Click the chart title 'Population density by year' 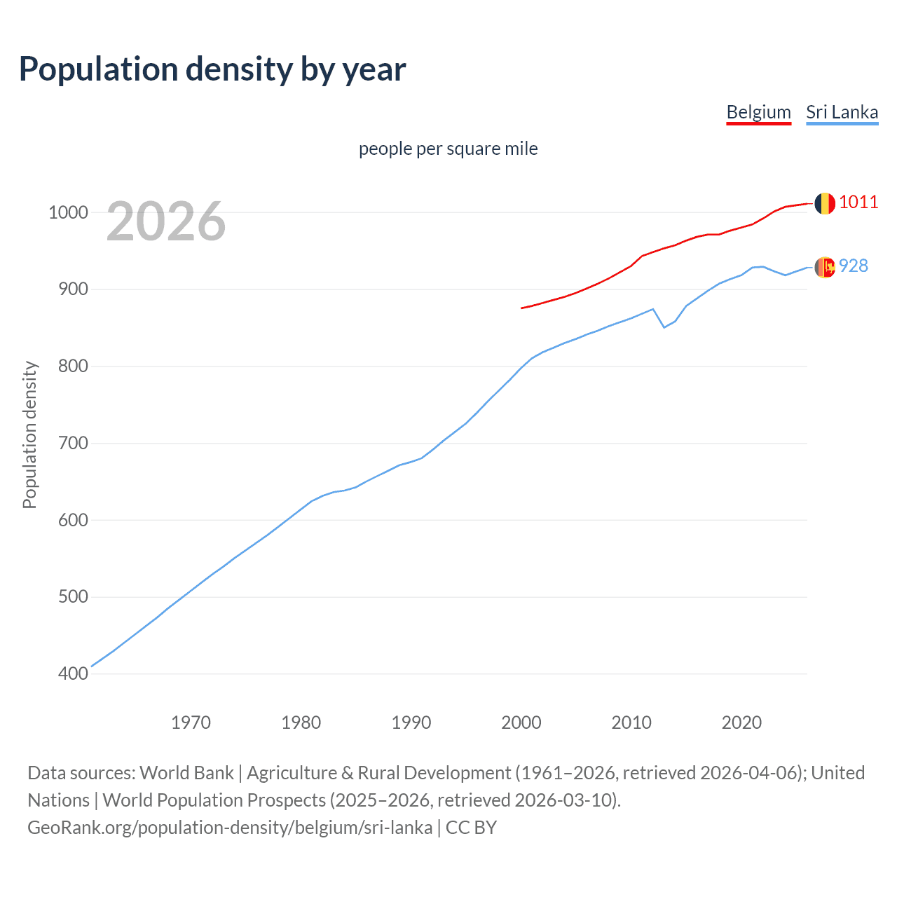[212, 69]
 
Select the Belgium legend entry [758, 112]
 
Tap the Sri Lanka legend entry [842, 112]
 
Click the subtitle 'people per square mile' [448, 149]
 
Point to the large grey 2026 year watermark [166, 221]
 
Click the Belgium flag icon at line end [824, 203]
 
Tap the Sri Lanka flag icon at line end [824, 267]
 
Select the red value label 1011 [858, 203]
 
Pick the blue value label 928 [854, 266]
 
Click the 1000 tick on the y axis [68, 212]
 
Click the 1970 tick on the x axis [191, 723]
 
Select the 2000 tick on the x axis [521, 723]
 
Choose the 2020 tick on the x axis [741, 723]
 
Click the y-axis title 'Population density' [29, 434]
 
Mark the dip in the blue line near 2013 [664, 327]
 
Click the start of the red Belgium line [522, 308]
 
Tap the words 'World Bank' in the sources [186, 773]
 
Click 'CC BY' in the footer [471, 828]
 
